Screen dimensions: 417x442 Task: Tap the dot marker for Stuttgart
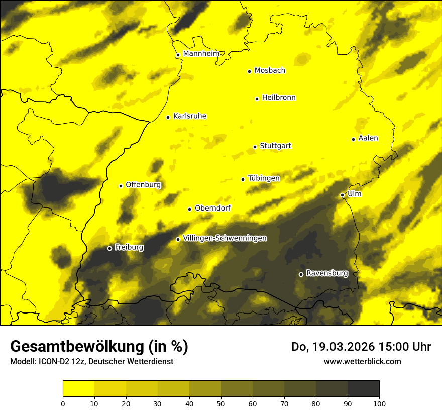(x=255, y=147)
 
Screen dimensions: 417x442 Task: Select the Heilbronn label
(x=279, y=98)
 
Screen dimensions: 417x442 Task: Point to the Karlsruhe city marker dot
(x=168, y=117)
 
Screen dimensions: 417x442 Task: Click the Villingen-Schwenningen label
(x=225, y=238)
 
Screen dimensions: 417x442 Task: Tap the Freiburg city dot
(x=109, y=248)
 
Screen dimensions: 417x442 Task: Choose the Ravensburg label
(x=327, y=273)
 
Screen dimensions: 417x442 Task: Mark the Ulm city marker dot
(x=342, y=195)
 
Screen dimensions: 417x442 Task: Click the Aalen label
(x=368, y=138)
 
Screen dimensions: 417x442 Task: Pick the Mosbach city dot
(x=249, y=71)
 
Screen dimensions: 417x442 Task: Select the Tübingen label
(x=264, y=178)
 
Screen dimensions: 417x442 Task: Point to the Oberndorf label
(x=213, y=208)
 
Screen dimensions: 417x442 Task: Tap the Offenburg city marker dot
(x=121, y=186)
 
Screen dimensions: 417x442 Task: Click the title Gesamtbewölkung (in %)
(x=99, y=347)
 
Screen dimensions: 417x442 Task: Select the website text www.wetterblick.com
(x=362, y=361)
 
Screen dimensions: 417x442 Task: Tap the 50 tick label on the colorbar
(x=221, y=403)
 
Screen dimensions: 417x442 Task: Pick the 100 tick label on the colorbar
(x=379, y=403)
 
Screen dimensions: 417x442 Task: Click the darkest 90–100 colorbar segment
(x=363, y=388)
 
